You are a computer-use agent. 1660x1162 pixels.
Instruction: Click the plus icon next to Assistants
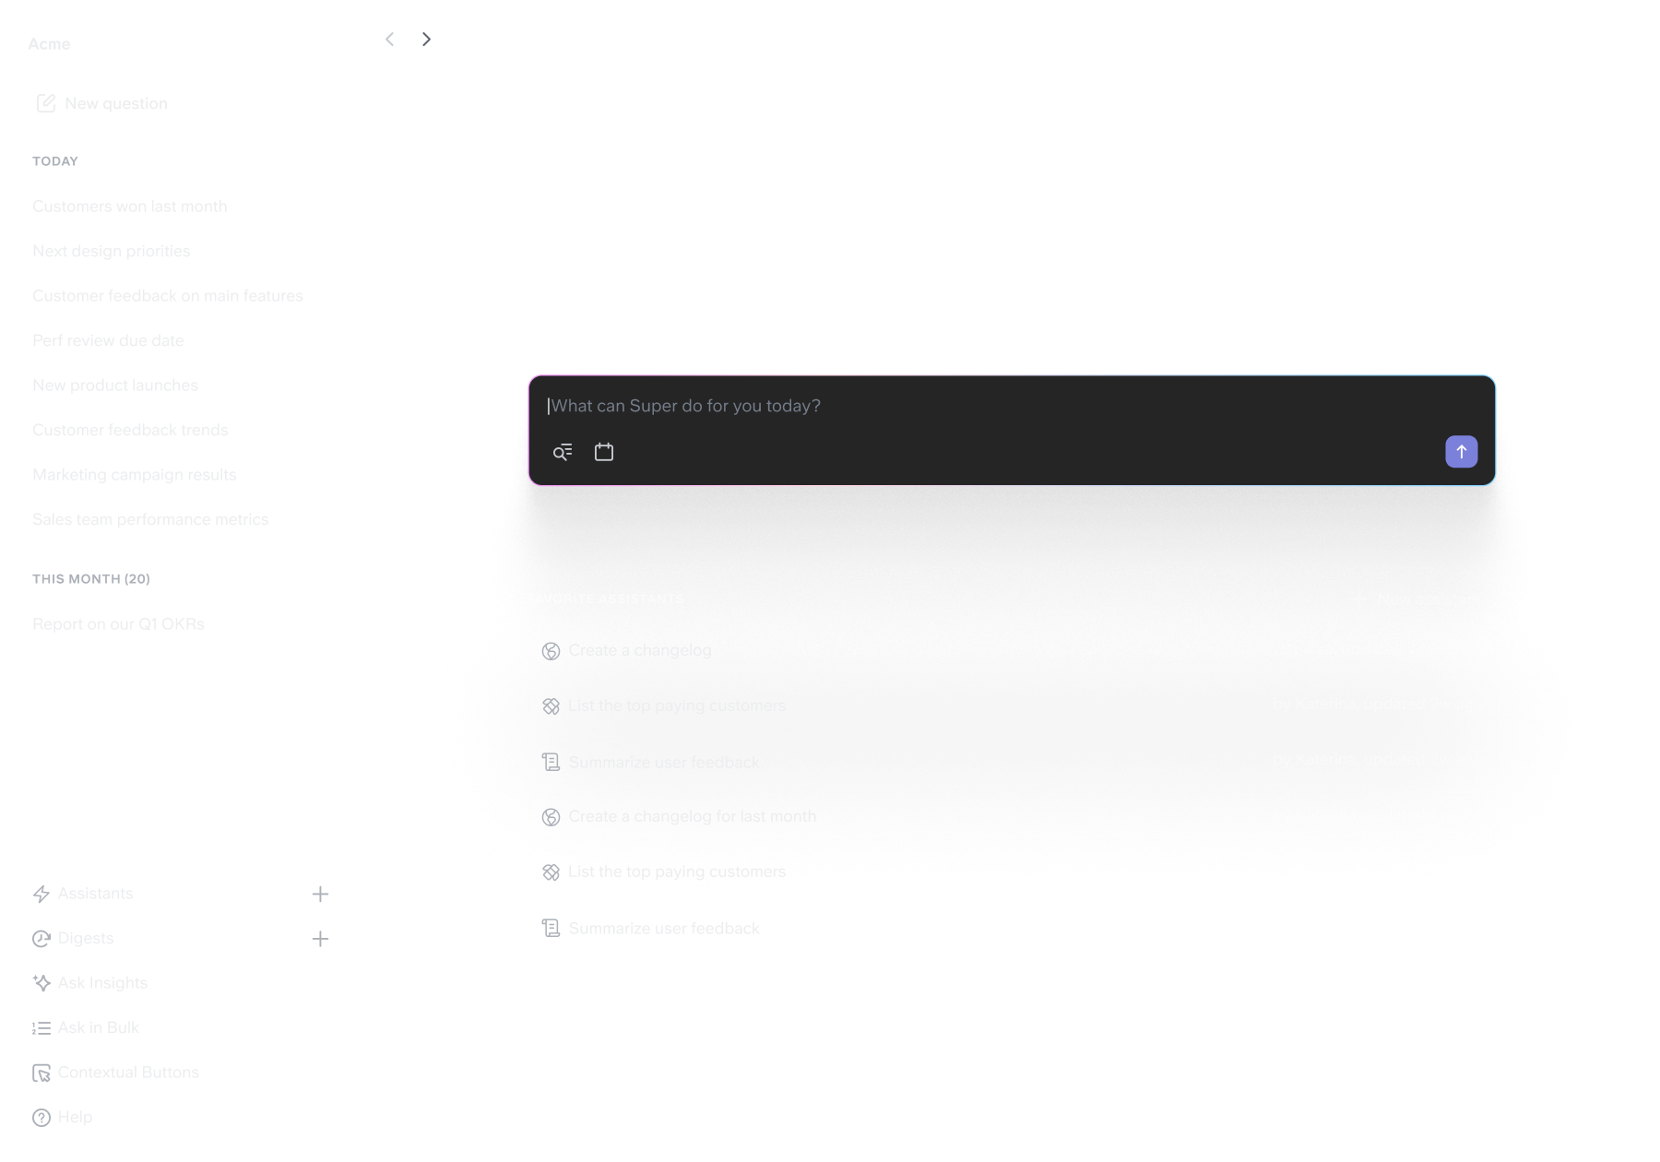point(320,894)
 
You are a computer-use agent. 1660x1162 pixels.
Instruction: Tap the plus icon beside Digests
point(320,939)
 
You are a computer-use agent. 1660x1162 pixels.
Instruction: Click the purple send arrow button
point(1461,452)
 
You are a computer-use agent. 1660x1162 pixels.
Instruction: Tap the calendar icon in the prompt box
point(604,452)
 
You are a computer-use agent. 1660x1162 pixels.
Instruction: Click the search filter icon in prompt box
point(563,452)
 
